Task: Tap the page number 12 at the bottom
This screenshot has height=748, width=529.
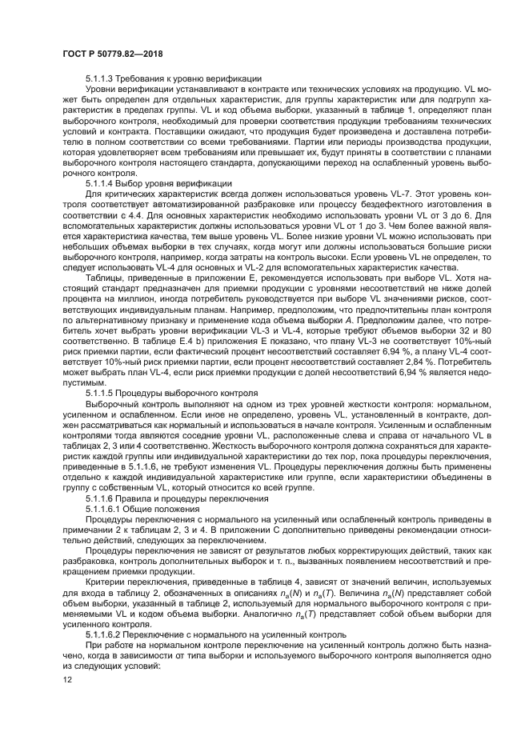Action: coord(66,680)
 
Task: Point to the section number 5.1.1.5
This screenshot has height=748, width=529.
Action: coord(102,394)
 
